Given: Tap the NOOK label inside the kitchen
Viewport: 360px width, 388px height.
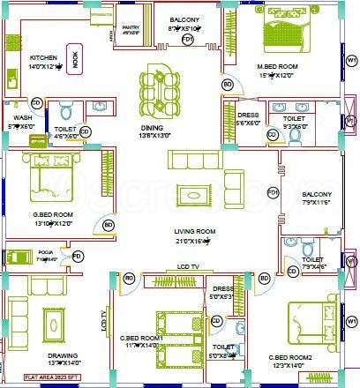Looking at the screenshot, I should [75, 61].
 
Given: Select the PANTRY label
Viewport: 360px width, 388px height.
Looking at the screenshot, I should [131, 27].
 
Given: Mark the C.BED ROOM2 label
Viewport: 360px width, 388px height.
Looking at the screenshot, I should [288, 356].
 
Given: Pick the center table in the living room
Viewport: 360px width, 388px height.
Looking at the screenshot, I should [192, 194].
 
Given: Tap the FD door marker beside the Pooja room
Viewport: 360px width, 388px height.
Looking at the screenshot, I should [78, 257].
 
